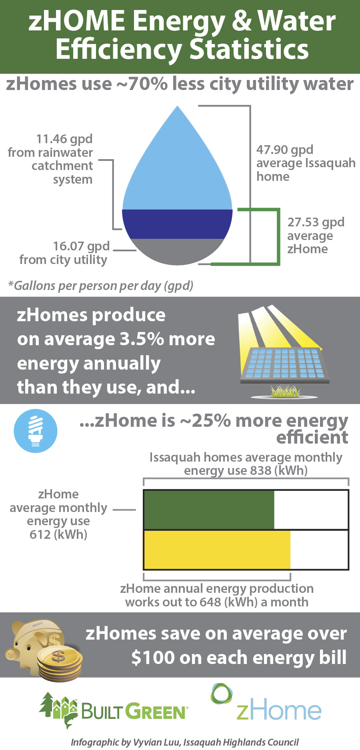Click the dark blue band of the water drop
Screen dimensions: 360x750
pos(177,224)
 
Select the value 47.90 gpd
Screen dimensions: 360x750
pos(285,150)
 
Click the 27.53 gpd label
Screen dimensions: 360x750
pos(316,222)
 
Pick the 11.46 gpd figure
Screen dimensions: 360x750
pos(64,139)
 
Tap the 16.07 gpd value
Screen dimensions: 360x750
pos(81,246)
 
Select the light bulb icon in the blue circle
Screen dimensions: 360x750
pos(36,431)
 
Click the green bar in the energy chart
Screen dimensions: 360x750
pos(209,510)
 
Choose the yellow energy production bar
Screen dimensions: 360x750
pos(217,550)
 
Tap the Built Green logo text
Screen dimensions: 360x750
pos(134,712)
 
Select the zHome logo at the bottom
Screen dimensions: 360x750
pos(266,703)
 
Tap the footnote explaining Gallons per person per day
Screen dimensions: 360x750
pos(101,286)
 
